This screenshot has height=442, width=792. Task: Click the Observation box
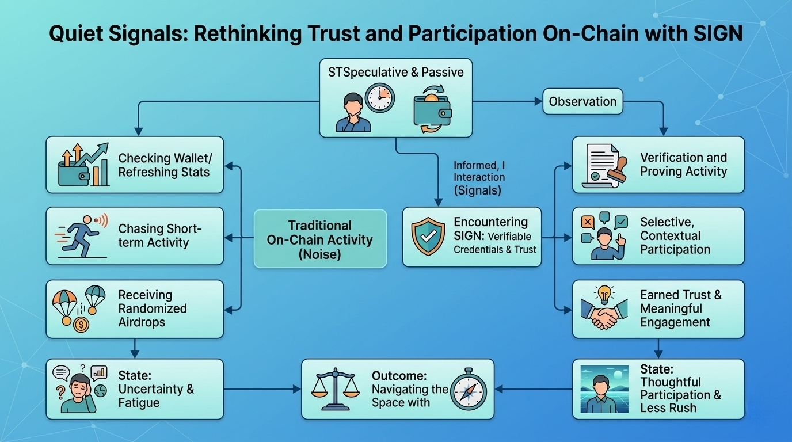582,102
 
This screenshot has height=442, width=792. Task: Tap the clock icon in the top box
380,98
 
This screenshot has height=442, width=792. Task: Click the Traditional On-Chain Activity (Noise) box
320,239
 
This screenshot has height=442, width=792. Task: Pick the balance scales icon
334,389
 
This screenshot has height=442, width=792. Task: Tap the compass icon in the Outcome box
469,391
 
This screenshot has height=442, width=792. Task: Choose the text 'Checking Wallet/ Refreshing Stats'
164,165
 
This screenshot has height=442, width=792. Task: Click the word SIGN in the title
715,34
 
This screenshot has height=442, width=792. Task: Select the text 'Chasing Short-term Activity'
159,236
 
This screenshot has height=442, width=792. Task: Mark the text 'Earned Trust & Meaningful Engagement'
680,308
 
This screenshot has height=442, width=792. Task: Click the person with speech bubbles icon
604,235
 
